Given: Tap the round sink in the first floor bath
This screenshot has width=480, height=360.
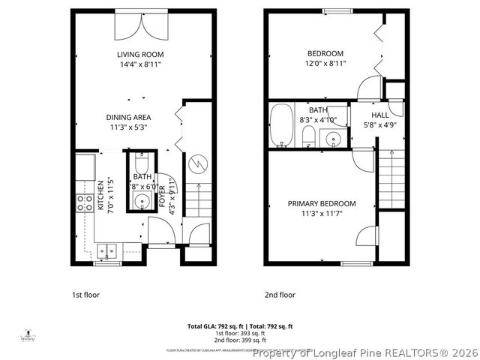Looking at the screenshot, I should [141, 200].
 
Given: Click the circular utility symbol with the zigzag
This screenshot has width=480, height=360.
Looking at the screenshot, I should [198, 163].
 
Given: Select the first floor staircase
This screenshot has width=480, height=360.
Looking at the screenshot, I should [198, 202].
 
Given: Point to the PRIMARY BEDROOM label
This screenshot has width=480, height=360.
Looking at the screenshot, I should [322, 203].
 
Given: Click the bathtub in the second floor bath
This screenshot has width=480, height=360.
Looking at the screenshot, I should [282, 125].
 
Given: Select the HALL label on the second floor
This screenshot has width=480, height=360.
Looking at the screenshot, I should [380, 115].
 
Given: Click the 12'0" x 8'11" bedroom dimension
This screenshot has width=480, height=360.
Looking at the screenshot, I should [325, 64].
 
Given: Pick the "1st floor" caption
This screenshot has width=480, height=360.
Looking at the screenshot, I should [85, 295].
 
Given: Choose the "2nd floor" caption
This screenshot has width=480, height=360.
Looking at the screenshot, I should [280, 295].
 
